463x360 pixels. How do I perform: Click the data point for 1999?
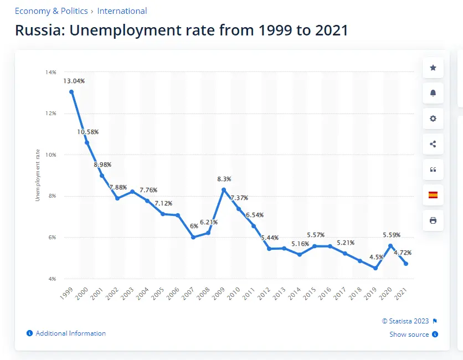click(x=71, y=92)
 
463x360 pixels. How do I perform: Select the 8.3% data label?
click(x=224, y=179)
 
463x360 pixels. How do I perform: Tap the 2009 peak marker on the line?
click(x=224, y=190)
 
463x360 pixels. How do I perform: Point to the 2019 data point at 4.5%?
click(x=375, y=268)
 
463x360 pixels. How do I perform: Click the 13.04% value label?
click(x=74, y=81)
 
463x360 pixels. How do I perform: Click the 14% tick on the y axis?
click(x=51, y=72)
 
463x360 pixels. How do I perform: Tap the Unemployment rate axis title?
click(x=38, y=175)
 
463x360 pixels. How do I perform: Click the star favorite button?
click(x=433, y=68)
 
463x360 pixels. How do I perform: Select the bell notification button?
click(x=433, y=93)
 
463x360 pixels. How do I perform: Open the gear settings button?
click(x=433, y=119)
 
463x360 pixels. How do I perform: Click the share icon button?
click(x=433, y=144)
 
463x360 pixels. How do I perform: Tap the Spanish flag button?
click(x=433, y=194)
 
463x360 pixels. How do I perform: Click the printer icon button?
click(x=433, y=220)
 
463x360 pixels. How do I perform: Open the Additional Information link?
click(x=70, y=333)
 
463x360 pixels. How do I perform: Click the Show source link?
click(x=409, y=335)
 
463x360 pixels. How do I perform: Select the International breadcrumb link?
click(x=122, y=11)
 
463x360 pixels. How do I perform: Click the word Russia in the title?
click(x=40, y=30)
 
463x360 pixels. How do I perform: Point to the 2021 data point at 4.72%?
click(x=406, y=264)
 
